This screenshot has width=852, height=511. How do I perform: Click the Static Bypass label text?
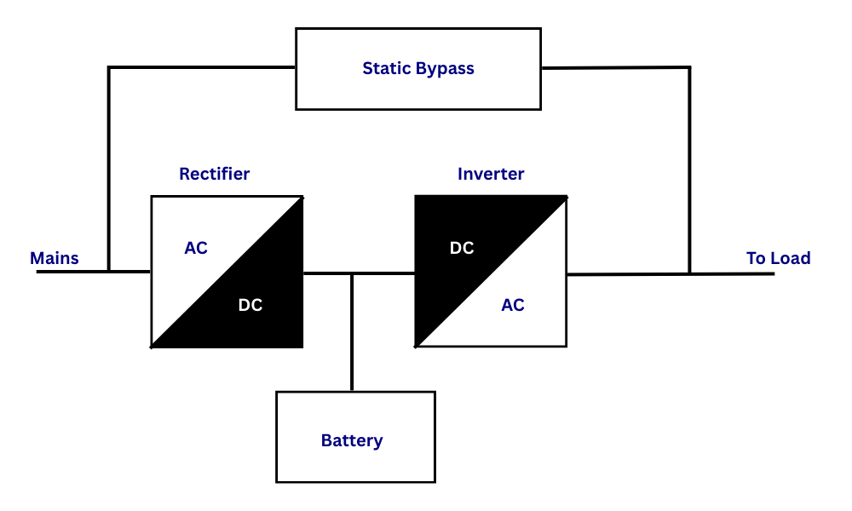417,68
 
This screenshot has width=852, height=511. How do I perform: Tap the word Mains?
55,258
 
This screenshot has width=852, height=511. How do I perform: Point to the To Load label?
778,258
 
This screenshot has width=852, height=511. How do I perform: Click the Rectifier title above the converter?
214,174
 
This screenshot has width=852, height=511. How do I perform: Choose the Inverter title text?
491,174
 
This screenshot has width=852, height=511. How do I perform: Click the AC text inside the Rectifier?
196,248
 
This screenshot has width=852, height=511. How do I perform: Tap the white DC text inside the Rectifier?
250,305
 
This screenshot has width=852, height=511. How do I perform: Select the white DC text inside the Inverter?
462,248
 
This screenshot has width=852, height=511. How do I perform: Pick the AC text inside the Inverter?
513,305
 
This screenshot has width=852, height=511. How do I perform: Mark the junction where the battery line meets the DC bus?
351,273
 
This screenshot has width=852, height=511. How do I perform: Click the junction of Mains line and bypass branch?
109,271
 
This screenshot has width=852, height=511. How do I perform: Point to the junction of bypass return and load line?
689,273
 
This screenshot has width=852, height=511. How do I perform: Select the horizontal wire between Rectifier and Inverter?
383,273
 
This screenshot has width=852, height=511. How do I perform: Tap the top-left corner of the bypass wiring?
109,67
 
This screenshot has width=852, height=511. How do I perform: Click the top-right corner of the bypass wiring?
689,67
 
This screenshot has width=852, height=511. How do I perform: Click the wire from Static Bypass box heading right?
613,67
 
